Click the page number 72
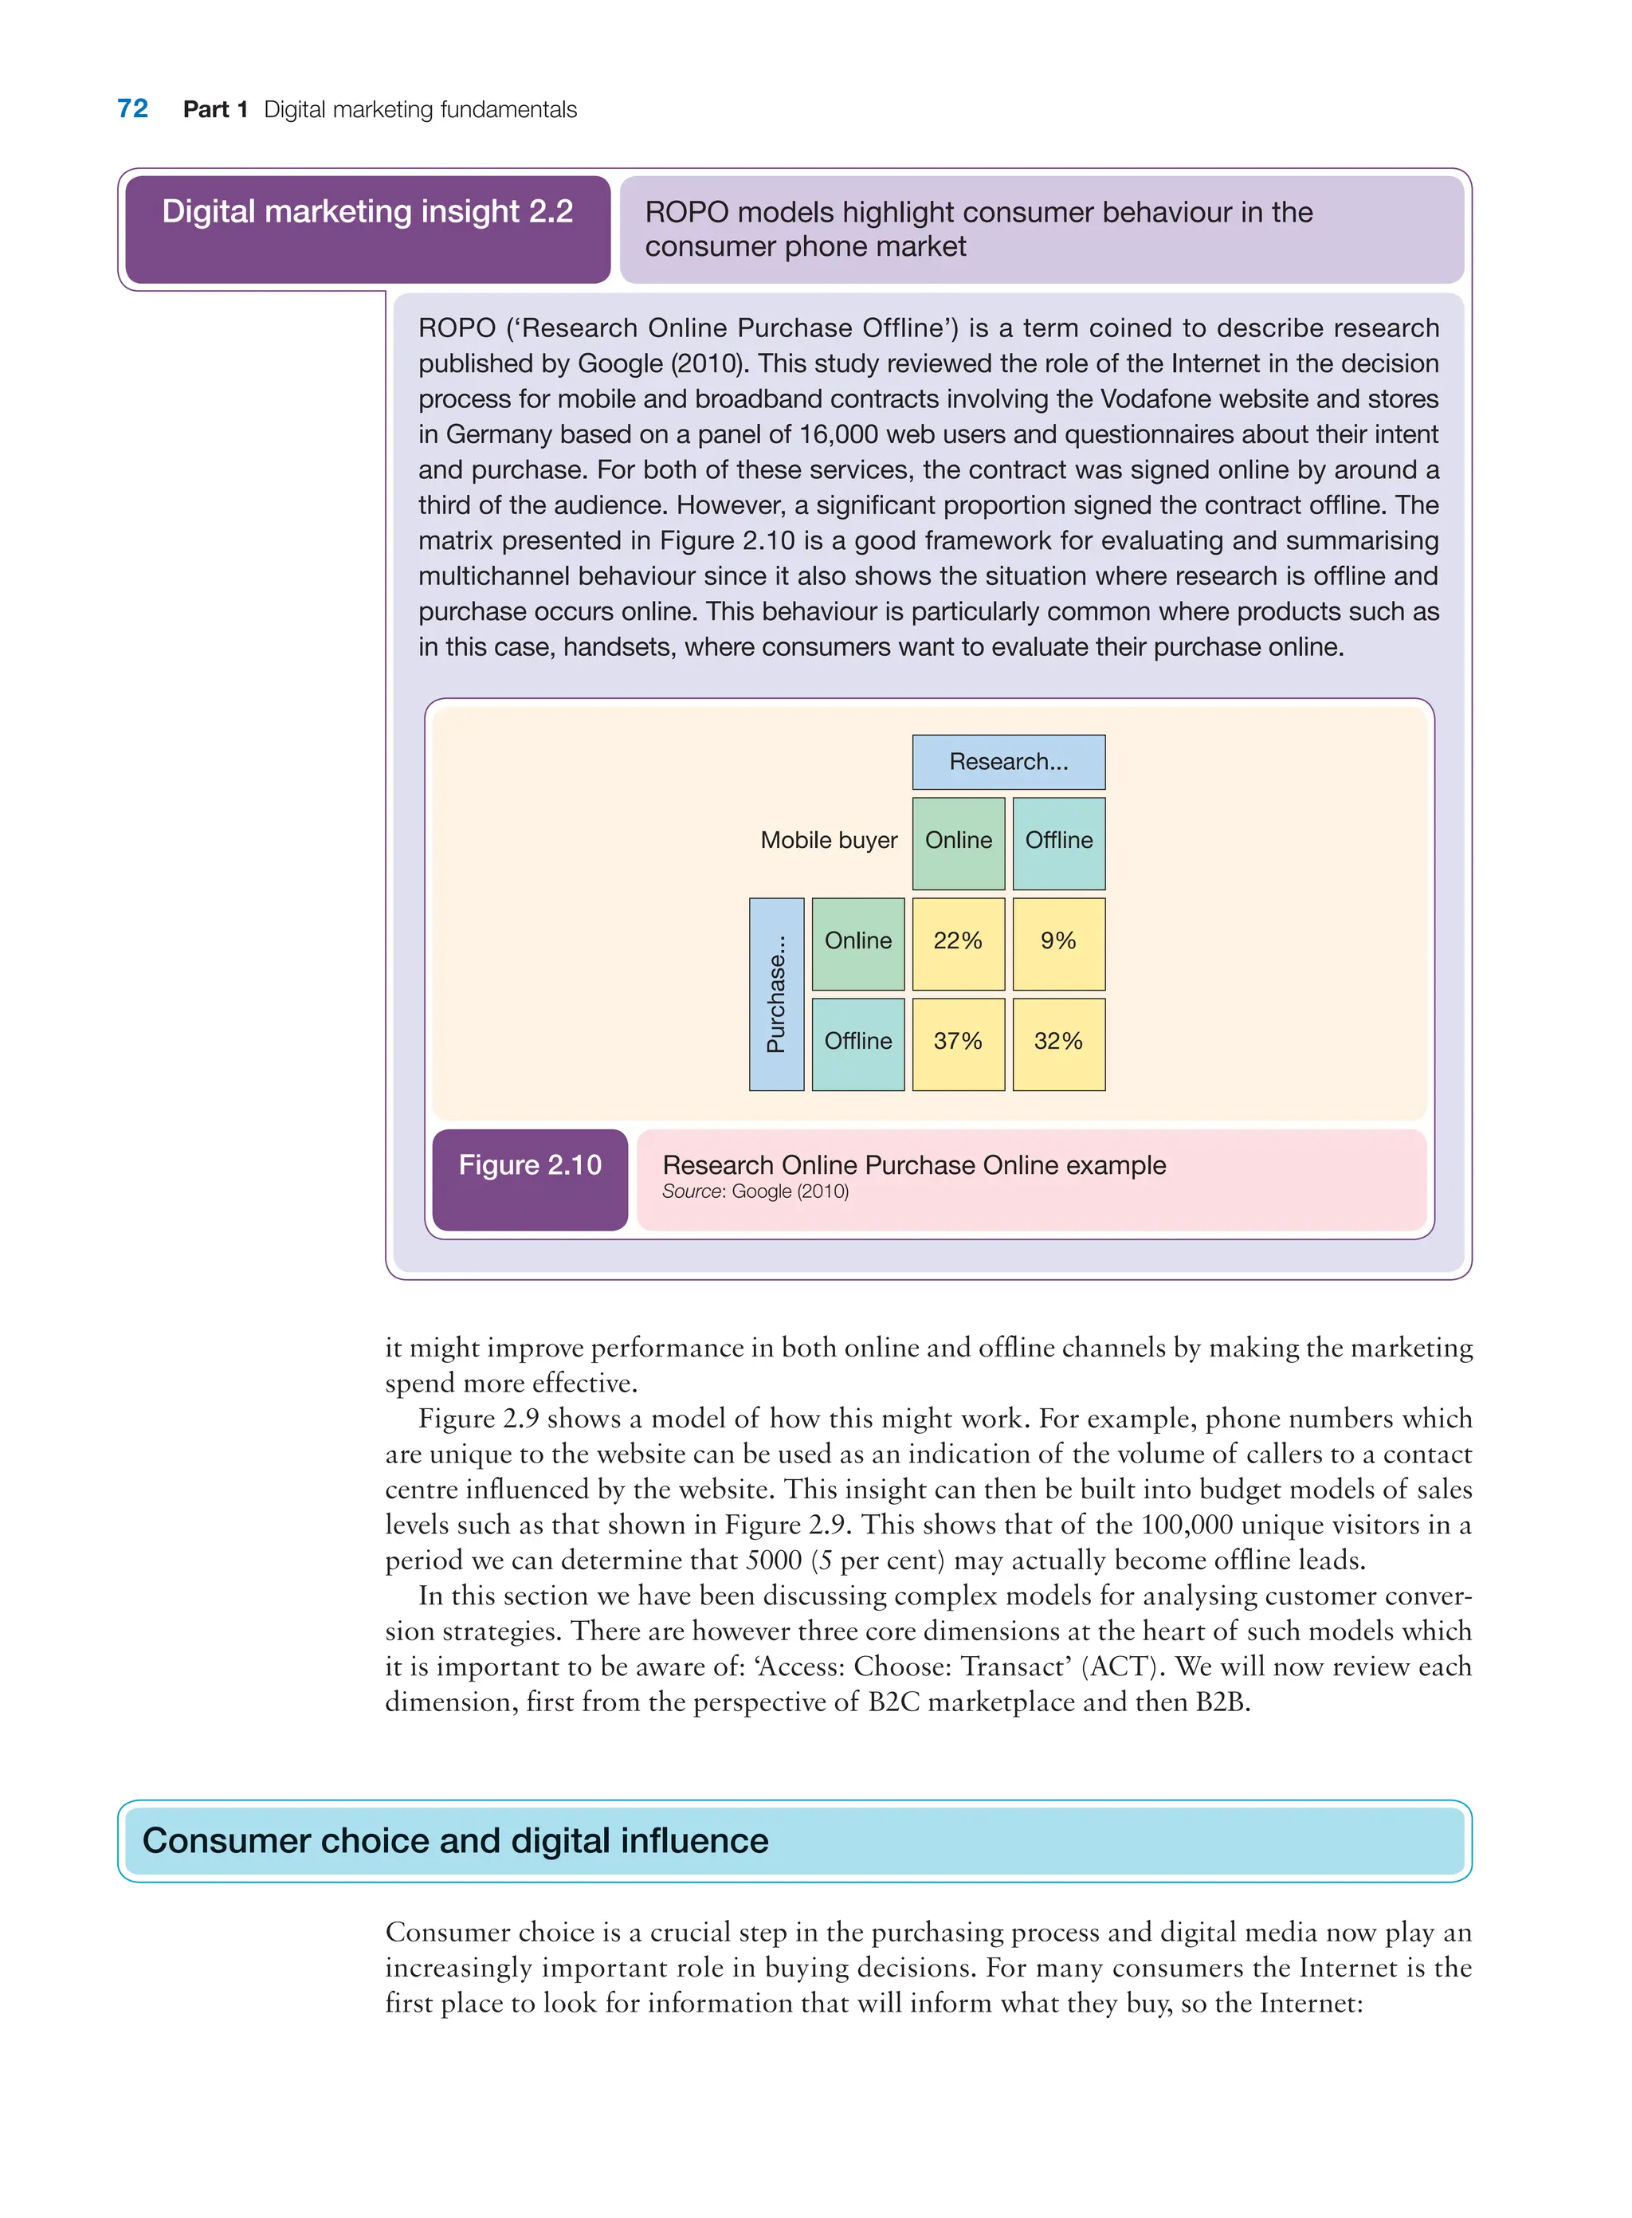132,108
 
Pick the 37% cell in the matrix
957,1042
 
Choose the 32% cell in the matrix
1058,1042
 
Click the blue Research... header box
1008,762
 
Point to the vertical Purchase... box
776,993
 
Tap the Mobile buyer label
828,841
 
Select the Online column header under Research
957,842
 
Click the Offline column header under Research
1058,842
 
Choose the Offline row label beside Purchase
857,1042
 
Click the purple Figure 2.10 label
529,1167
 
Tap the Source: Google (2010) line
755,1191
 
